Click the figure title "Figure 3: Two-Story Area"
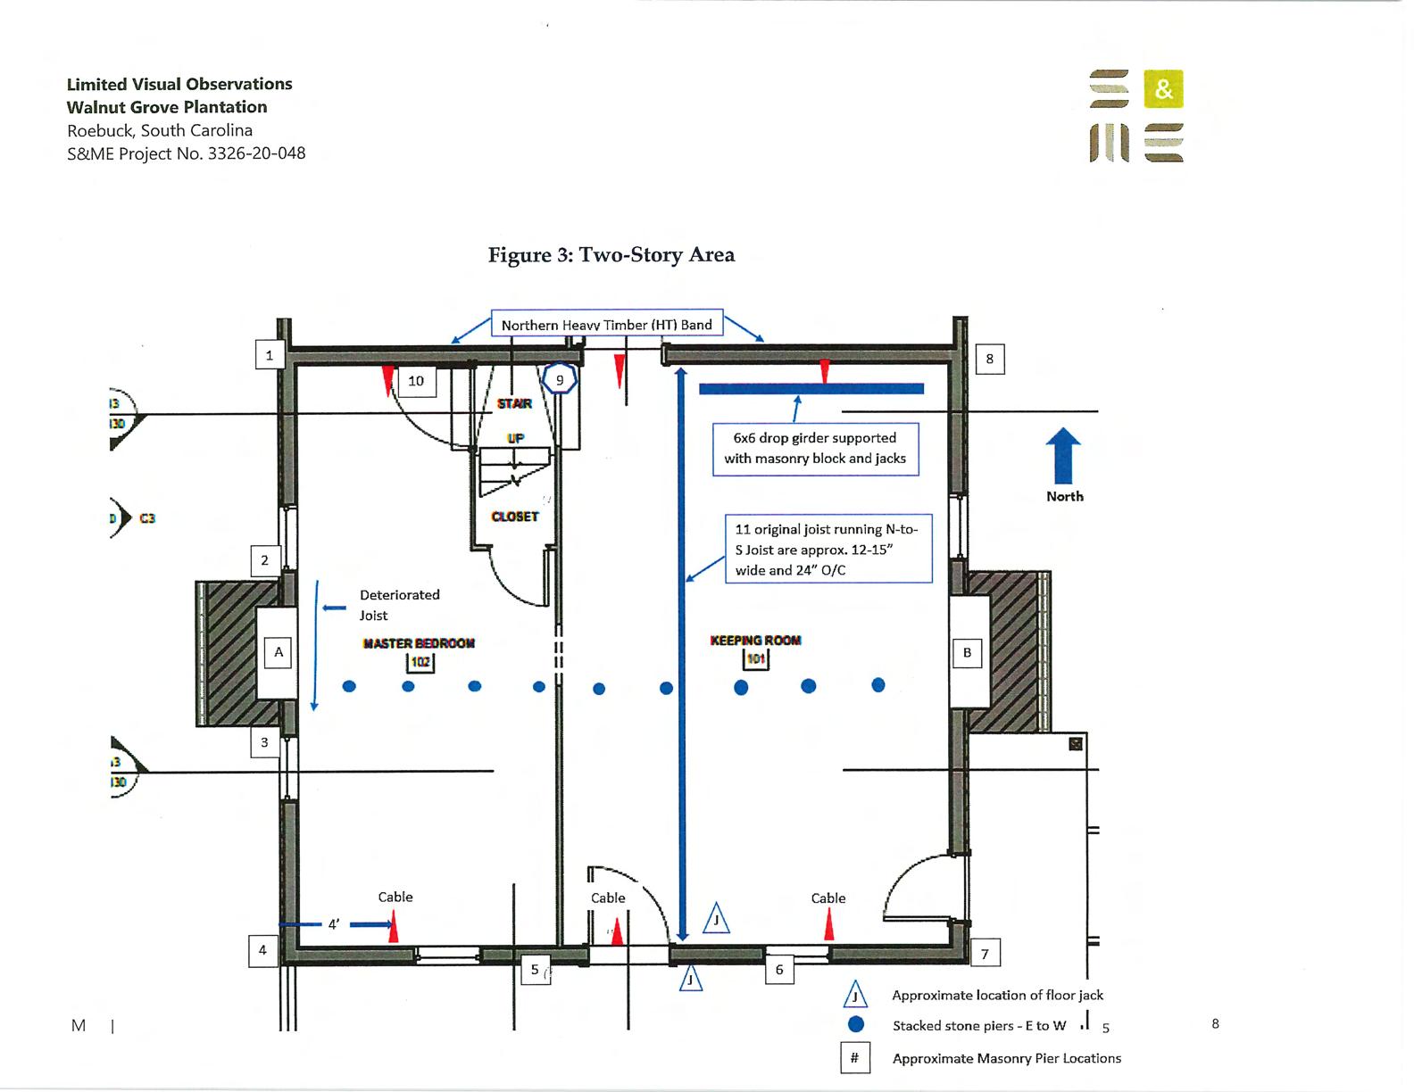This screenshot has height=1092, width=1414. point(611,255)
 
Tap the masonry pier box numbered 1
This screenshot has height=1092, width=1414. point(270,355)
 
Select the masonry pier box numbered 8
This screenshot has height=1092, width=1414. point(989,360)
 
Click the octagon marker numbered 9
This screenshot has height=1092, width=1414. point(560,380)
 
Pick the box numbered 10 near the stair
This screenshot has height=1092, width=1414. point(416,381)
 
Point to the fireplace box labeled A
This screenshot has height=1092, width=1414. point(279,652)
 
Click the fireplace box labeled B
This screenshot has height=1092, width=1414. point(967,652)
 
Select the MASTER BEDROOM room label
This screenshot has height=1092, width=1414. point(419,643)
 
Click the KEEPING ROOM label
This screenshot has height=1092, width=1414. point(755,641)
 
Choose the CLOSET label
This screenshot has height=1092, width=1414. point(515,517)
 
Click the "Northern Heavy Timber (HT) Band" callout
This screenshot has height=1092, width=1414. point(607,325)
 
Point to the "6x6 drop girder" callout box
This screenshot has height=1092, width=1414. point(815,449)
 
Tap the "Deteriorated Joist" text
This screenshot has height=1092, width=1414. point(399,605)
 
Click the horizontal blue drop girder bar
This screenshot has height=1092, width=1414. point(811,389)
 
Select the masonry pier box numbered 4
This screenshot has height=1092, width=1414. point(262,950)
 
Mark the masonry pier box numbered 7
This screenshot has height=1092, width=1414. point(985,954)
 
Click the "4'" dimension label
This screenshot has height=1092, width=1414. point(333,925)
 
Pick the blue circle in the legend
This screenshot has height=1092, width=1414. point(855,1025)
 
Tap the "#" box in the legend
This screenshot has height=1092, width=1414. point(854,1058)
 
